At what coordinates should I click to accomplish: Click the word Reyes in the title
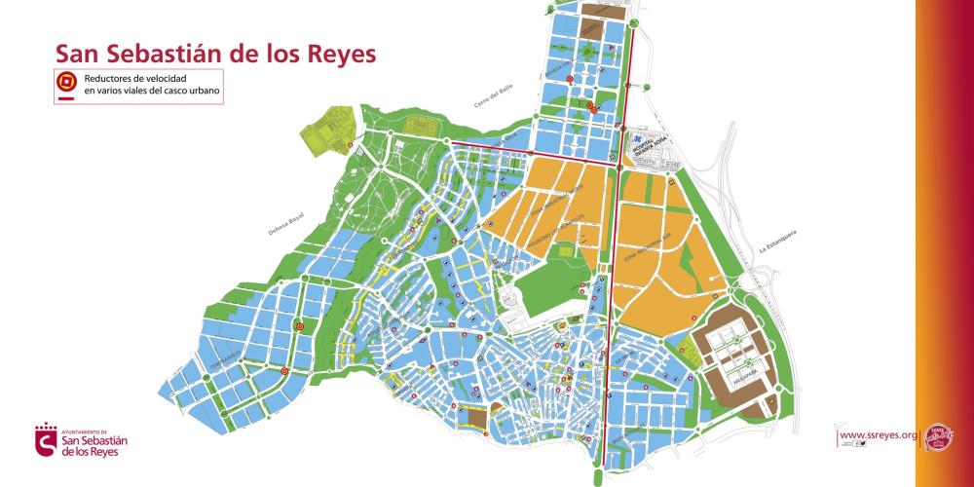point(334,54)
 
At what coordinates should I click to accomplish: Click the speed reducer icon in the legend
point(66,80)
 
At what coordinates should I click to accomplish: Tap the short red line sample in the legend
point(66,97)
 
